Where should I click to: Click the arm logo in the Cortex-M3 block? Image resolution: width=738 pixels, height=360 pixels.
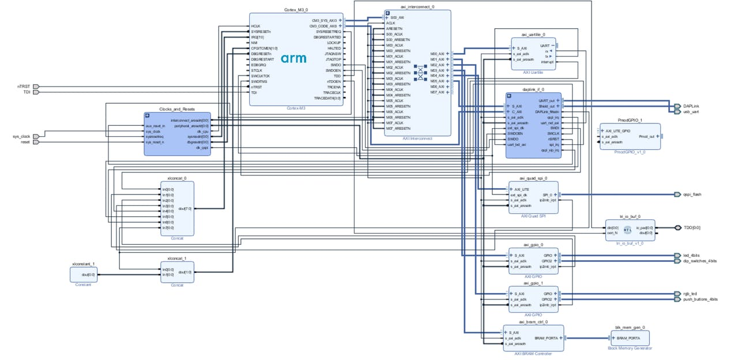pyautogui.click(x=293, y=59)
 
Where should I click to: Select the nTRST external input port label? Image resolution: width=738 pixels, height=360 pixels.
pyautogui.click(x=23, y=87)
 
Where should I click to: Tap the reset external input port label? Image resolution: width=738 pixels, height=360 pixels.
pyautogui.click(x=25, y=142)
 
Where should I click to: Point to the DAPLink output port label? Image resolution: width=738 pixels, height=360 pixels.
pyautogui.click(x=692, y=106)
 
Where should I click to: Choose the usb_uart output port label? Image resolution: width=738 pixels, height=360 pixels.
pyautogui.click(x=692, y=111)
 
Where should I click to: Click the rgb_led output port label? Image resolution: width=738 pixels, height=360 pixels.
pyautogui.click(x=690, y=294)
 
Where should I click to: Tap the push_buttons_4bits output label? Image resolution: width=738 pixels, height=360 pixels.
pyautogui.click(x=700, y=299)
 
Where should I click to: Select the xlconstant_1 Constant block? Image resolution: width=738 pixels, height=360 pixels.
pyautogui.click(x=83, y=274)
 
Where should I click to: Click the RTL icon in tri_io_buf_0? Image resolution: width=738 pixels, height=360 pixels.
pyautogui.click(x=627, y=229)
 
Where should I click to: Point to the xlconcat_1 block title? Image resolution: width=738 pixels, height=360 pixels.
pyautogui.click(x=176, y=258)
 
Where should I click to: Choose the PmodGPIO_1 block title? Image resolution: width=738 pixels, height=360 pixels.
pyautogui.click(x=630, y=120)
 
